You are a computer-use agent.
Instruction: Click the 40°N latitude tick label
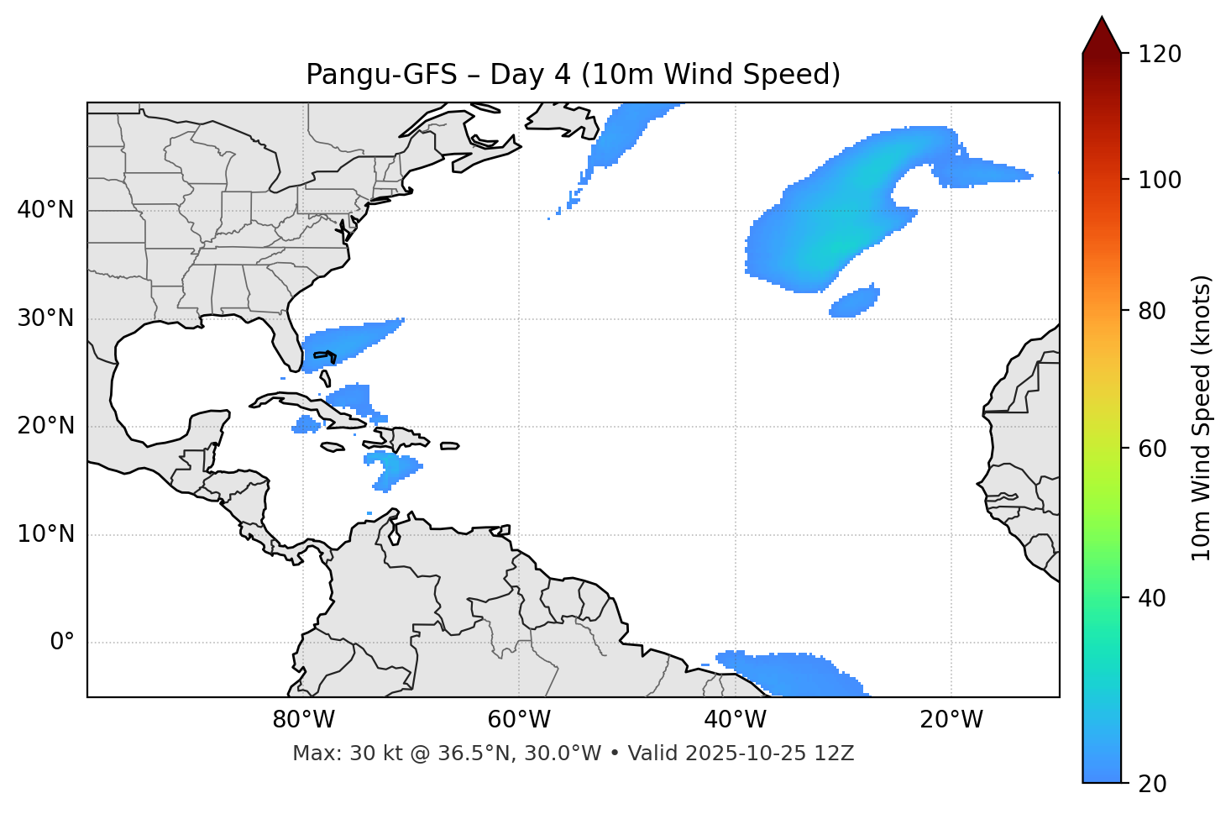coord(45,210)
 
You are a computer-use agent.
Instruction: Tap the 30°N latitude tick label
coord(45,318)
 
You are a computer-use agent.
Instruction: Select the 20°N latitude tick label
coord(45,426)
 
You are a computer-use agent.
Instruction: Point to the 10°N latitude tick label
coord(45,534)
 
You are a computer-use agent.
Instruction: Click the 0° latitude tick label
coord(62,643)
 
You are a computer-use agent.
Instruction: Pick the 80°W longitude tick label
coord(303,720)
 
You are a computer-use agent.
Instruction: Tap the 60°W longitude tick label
coord(519,720)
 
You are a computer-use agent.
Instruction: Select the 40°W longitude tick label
coord(735,720)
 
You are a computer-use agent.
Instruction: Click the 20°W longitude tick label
coord(951,720)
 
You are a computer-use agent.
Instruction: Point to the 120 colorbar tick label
coord(1159,55)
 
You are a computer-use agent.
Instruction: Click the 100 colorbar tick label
coord(1159,180)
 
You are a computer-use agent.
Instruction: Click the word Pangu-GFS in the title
coord(381,75)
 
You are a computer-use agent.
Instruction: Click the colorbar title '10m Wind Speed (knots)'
coord(1202,418)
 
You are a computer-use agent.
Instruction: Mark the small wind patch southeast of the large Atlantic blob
coord(855,302)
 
